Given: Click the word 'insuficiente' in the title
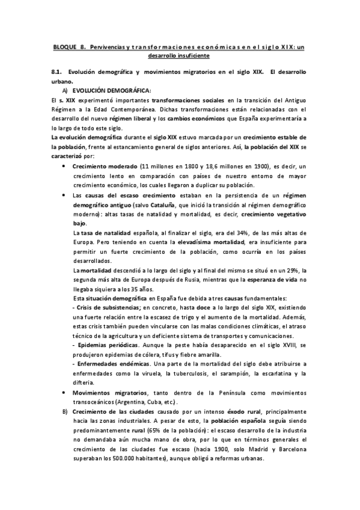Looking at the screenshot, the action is (x=189, y=55).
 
